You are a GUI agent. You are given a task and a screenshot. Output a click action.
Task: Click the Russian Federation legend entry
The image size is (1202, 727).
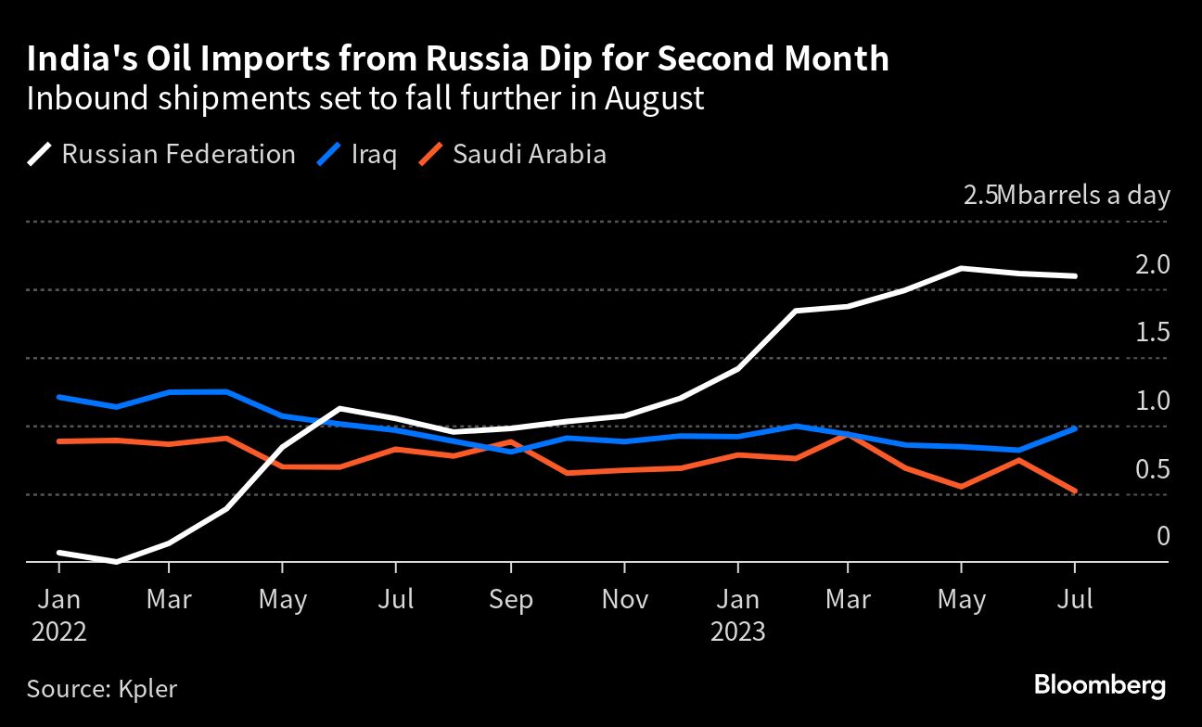(x=161, y=154)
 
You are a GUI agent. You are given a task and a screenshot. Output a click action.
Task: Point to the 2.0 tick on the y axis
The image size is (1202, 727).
(x=1152, y=265)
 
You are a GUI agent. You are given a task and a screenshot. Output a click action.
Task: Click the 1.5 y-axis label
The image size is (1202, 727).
(x=1152, y=333)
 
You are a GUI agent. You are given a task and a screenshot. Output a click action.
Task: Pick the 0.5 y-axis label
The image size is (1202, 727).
(x=1152, y=469)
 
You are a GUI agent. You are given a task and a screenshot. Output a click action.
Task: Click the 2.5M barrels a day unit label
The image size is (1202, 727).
(x=1066, y=197)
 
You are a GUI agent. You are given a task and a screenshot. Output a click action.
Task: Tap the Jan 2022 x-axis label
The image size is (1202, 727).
(x=59, y=615)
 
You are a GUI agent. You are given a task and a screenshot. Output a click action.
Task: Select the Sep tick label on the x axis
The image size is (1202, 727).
(x=509, y=600)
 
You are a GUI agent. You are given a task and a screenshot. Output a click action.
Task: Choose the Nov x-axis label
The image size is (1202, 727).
(x=624, y=600)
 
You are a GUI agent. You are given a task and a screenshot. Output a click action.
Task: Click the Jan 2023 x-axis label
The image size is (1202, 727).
(x=737, y=615)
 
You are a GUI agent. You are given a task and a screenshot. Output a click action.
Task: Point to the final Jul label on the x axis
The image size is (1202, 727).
(x=1075, y=600)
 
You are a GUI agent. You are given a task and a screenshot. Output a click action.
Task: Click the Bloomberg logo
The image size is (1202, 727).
(x=1099, y=686)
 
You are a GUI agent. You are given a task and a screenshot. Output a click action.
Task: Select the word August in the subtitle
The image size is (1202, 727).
(x=655, y=98)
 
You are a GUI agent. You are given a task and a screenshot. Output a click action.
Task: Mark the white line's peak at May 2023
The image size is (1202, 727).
(x=961, y=268)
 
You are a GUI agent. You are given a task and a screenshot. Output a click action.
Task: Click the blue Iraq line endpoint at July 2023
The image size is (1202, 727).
(x=1075, y=428)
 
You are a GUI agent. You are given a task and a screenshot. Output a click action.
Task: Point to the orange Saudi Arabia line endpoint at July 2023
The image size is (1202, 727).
(x=1075, y=491)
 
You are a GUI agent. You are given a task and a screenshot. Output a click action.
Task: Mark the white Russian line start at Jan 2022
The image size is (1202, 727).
(x=59, y=553)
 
